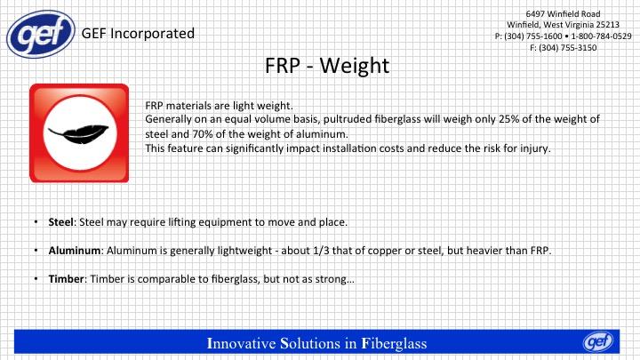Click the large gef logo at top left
click(41, 34)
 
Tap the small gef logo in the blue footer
click(598, 341)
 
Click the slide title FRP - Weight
click(327, 65)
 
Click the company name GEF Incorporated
click(138, 34)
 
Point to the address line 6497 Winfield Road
click(563, 14)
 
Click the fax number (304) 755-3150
click(568, 48)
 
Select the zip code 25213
click(607, 25)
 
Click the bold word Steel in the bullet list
click(61, 222)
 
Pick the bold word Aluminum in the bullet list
click(75, 250)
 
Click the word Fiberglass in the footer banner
click(394, 343)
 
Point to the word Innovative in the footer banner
click(241, 343)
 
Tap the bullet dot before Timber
click(36, 279)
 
